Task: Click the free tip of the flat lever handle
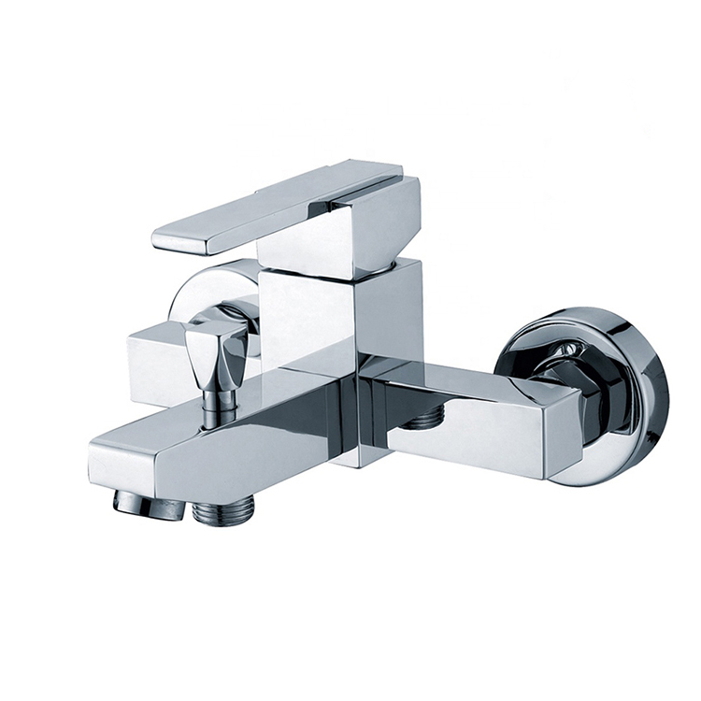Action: (x=168, y=240)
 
